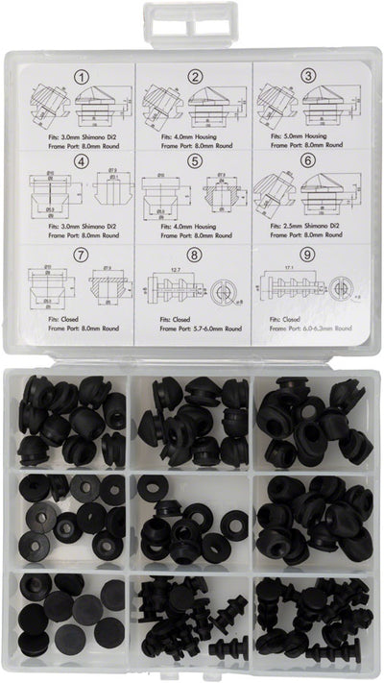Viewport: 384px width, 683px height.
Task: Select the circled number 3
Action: click(306, 76)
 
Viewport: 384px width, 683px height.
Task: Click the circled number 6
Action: click(306, 163)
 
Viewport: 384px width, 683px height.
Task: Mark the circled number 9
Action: click(306, 254)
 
